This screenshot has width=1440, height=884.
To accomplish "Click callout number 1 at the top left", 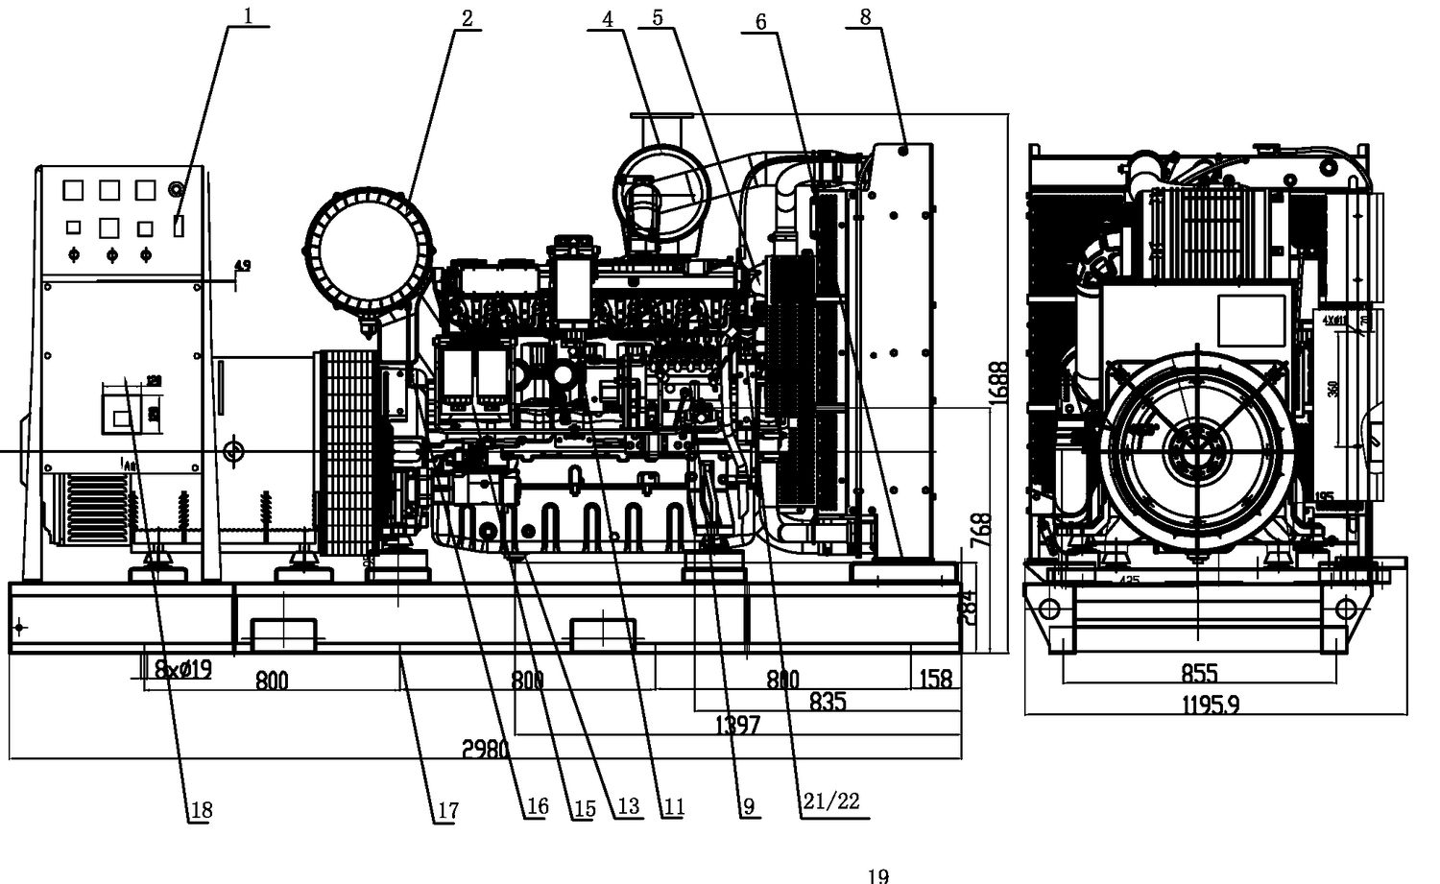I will (x=249, y=15).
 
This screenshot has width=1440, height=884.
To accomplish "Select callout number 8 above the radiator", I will (x=865, y=16).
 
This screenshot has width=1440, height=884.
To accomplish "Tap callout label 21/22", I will (x=831, y=801).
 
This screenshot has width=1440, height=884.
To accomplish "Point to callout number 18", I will (x=200, y=811).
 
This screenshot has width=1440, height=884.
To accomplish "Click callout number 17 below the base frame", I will (x=447, y=811).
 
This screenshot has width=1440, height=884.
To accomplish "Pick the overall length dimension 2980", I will (x=485, y=749).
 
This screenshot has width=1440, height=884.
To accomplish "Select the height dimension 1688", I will (x=998, y=384).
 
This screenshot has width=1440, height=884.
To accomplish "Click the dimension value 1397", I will (x=737, y=725).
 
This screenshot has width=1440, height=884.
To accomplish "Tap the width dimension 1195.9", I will (x=1211, y=705).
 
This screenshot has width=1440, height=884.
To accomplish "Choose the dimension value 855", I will (x=1199, y=673).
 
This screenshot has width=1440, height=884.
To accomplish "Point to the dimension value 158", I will (x=935, y=679).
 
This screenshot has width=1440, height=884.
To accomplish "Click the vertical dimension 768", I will (x=981, y=529).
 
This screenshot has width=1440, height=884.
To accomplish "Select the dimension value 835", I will (x=827, y=702).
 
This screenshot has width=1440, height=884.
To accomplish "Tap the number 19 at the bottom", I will (x=877, y=874).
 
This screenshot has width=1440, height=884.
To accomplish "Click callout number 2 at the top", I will (x=468, y=18).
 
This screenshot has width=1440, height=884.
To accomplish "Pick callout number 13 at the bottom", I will (x=628, y=806).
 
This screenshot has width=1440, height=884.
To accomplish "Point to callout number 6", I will (x=760, y=22).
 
